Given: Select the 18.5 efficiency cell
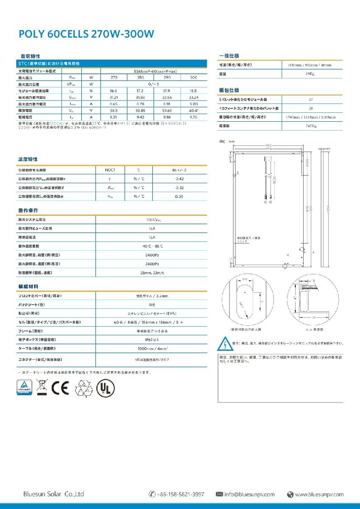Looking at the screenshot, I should tap(193, 91).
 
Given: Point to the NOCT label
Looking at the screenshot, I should tap(110, 170).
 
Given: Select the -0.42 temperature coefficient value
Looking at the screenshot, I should tap(179, 179).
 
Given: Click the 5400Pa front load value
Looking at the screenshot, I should tap(151, 255).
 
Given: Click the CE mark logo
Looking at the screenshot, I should tap(59, 388).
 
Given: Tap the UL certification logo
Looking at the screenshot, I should tap(105, 388).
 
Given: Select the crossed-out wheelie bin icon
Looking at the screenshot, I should tap(41, 388).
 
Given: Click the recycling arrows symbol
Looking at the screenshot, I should tap(83, 388).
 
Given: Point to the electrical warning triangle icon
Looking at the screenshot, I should tap(223, 342).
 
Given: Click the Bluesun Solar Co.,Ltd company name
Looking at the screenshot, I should tap(53, 494).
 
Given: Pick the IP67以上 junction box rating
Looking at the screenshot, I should tap(151, 340).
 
